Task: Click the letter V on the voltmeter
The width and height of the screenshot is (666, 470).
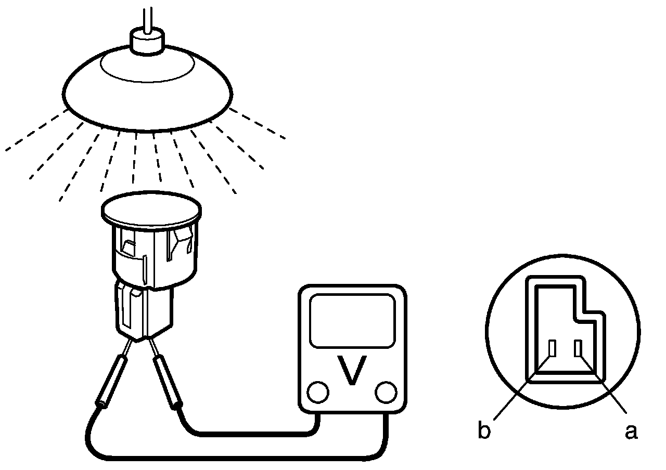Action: coord(352,370)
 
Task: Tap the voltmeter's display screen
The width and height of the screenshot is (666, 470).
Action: coord(352,321)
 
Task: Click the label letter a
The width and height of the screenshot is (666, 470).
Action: coord(631,430)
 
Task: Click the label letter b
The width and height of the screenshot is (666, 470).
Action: coord(484,430)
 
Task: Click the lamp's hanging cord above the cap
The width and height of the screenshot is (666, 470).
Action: coord(149,16)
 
